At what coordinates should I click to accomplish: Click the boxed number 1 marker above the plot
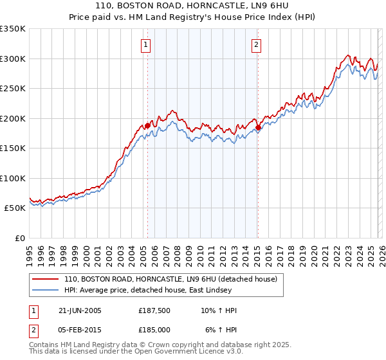[147, 45]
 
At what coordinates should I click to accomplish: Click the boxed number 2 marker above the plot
[256, 45]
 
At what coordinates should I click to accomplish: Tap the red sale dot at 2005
[147, 126]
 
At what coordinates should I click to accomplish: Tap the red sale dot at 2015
[258, 128]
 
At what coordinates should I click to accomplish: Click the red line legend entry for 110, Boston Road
[170, 279]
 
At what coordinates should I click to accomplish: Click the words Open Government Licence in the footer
[192, 352]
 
